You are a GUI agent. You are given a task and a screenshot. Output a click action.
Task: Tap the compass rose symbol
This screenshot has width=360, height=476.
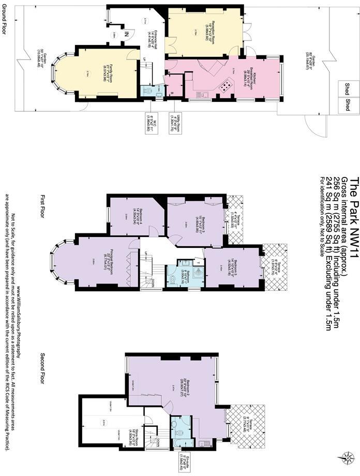343,457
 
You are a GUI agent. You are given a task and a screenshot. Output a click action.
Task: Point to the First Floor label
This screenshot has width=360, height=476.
43,206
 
